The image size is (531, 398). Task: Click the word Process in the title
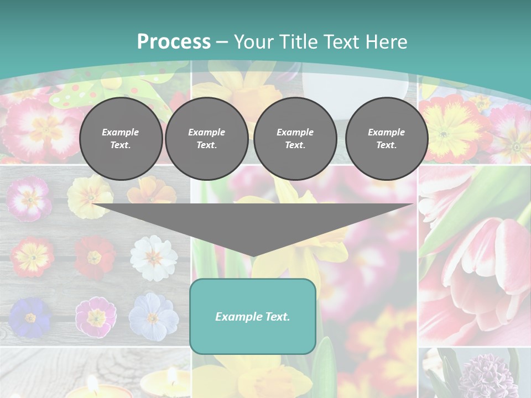[174, 42]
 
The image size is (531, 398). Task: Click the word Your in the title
[252, 42]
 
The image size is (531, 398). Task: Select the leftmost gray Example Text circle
[121, 139]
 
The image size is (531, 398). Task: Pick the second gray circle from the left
[207, 139]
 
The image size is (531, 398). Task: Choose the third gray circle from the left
[295, 139]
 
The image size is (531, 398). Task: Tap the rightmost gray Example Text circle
[387, 139]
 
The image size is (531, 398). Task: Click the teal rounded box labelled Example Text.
[253, 316]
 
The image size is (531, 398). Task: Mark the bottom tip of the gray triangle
[253, 256]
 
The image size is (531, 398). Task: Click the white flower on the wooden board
[153, 257]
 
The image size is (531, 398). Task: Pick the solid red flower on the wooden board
[94, 257]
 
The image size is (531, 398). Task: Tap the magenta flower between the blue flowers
[96, 317]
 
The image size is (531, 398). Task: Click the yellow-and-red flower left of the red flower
[32, 256]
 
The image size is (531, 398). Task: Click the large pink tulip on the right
[487, 265]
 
